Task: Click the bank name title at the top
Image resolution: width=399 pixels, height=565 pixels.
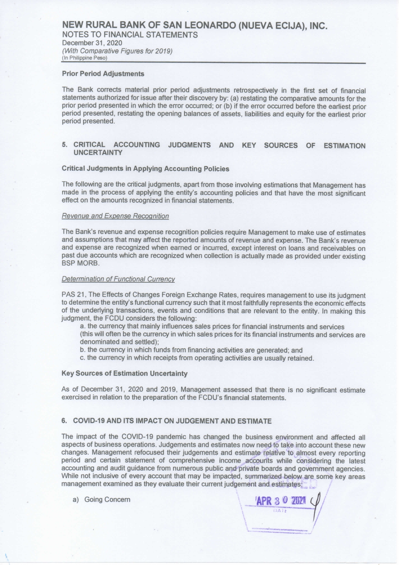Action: point(195,25)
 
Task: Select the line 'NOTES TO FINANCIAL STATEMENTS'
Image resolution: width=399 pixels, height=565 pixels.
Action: point(130,35)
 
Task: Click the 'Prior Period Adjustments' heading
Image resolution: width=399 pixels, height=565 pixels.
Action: point(103,74)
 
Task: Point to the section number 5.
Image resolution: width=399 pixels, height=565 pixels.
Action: point(64,145)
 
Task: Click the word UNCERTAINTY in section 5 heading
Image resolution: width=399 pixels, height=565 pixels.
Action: point(98,153)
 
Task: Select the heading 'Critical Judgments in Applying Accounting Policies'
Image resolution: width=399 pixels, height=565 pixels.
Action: point(145,169)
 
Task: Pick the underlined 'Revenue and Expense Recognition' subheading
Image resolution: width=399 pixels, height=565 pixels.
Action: point(115,216)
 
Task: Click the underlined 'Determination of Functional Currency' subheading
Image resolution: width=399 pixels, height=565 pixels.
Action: point(118,279)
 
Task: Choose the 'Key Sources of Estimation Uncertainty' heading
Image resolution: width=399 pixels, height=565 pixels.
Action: point(124,374)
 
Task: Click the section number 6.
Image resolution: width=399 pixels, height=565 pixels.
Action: point(64,421)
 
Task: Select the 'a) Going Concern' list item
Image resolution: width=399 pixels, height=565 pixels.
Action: point(102,500)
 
